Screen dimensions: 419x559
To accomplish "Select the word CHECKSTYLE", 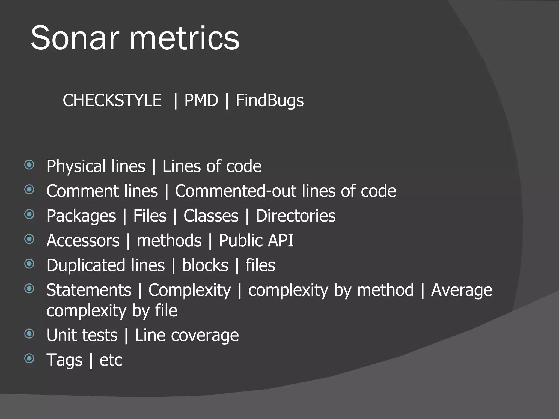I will (112, 100).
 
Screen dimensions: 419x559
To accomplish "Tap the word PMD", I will (201, 100).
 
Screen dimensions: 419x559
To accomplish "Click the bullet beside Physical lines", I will (29, 165).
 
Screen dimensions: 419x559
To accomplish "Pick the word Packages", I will (81, 216).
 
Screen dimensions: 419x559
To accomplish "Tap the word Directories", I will (296, 216).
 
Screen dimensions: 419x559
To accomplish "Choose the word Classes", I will (211, 216).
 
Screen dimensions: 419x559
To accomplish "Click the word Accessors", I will (83, 241).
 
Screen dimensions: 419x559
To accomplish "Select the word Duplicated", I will (106, 265).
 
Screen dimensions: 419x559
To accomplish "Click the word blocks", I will (205, 265).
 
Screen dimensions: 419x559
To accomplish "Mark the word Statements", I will (89, 290).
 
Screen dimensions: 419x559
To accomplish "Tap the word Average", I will (462, 290).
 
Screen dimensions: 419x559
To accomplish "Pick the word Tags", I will (64, 360).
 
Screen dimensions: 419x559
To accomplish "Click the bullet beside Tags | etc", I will (29, 358).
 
